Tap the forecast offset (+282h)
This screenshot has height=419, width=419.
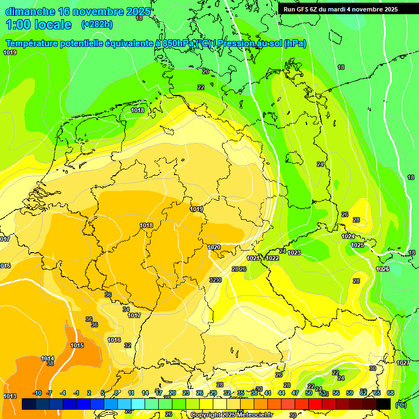tap(97, 24)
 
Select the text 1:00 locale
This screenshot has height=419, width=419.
tap(39, 25)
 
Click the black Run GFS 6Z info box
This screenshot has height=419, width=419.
tap(340, 9)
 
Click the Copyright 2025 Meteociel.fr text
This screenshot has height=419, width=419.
tap(231, 415)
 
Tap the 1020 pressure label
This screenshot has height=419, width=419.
tap(214, 247)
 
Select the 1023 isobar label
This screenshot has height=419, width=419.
tap(294, 253)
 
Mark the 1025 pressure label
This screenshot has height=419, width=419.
tap(357, 245)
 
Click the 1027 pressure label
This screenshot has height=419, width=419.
tap(403, 363)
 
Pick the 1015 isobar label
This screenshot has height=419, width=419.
tap(77, 345)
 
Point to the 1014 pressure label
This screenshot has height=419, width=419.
tap(47, 358)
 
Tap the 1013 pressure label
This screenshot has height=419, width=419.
tap(10, 396)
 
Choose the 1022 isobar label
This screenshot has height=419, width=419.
tap(273, 258)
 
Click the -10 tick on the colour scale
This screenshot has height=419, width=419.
tap(38, 393)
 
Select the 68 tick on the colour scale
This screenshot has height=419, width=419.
tap(391, 393)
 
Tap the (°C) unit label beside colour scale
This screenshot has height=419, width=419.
tap(400, 405)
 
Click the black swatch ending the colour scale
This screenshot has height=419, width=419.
tap(384, 404)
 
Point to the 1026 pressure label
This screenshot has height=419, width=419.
tap(382, 269)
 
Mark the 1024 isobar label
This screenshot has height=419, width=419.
tap(348, 236)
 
